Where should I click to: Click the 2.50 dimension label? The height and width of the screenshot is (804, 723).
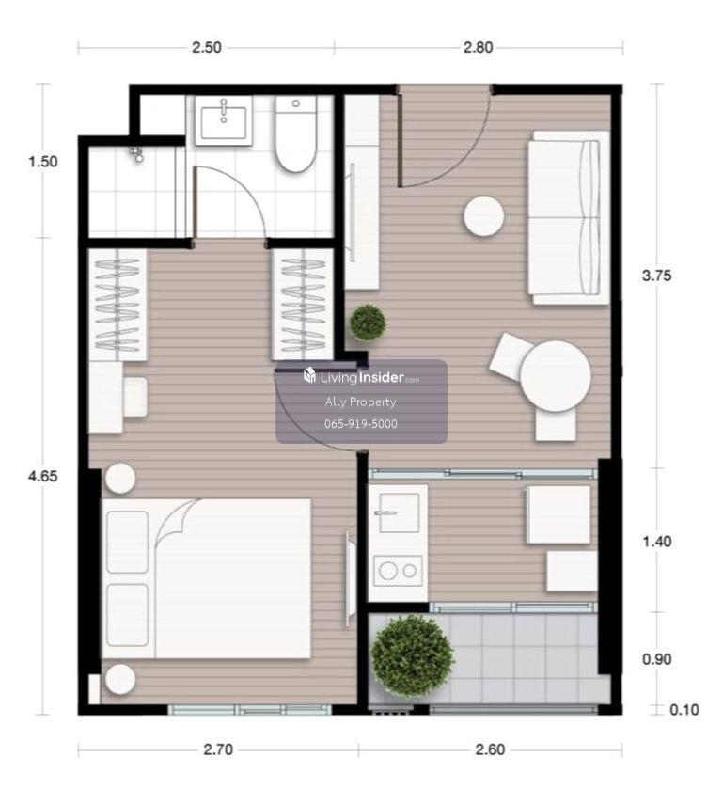coord(207,48)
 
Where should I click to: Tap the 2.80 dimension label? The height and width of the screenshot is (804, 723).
coord(478,48)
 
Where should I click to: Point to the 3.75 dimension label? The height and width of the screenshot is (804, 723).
coord(656,276)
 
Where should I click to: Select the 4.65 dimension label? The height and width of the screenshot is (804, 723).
coord(43,477)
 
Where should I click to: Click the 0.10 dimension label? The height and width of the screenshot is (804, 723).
coord(684,710)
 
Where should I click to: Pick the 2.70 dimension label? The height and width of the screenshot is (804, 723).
coord(218,749)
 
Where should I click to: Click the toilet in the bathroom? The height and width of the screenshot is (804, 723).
coord(296,134)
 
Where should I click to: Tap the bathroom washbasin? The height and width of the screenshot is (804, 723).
coord(224,120)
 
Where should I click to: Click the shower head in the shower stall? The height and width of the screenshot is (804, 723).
coord(137,155)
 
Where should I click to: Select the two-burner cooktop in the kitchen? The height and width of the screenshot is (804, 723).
coord(398,571)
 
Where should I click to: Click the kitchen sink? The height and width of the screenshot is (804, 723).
coord(399,512)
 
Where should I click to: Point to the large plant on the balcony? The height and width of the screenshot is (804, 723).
coord(412,655)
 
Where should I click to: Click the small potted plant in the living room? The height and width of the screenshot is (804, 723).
coord(368,323)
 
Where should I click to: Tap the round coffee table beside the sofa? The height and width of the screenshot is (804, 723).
coord(483,216)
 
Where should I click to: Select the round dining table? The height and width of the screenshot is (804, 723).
coord(556,376)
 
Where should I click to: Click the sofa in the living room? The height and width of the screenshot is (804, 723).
coord(569,217)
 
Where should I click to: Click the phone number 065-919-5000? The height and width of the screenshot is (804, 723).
coord(361,424)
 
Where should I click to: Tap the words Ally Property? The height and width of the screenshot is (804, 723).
coord(360,402)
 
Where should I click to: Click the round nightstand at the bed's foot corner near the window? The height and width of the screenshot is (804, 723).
coord(120,679)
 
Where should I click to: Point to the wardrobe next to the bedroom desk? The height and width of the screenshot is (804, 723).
coord(118,305)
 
